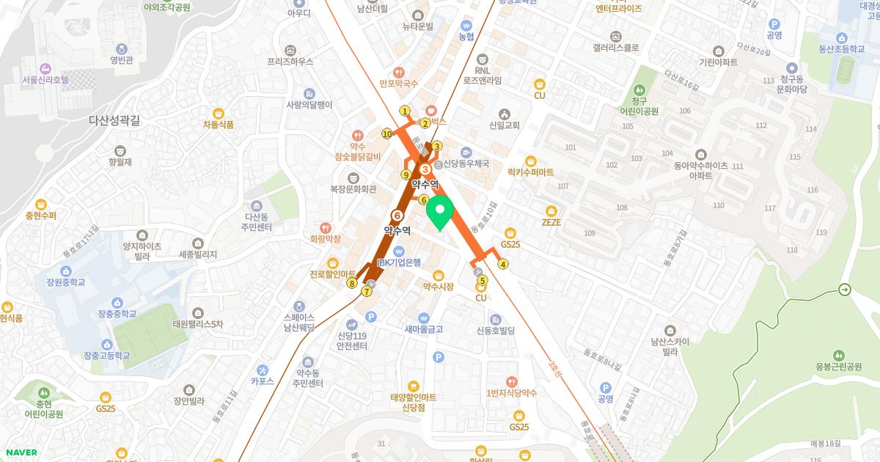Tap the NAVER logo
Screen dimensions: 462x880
coord(19,452)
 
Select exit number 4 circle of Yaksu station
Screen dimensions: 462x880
coord(503,265)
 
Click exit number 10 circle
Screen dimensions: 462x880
coord(386,133)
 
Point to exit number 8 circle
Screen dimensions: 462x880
coord(353,284)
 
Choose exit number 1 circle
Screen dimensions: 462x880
coord(404,111)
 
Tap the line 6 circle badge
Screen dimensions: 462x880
coord(397,216)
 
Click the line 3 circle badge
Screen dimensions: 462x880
coord(425,169)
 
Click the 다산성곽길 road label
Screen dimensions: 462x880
coord(114,120)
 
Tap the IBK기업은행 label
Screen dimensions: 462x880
coord(399,263)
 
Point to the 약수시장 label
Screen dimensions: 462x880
coord(439,287)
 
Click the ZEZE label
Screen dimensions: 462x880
coord(551,222)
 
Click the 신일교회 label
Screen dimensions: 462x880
coord(504,125)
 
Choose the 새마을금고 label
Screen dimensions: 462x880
coord(424,329)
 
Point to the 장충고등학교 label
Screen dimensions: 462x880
coord(106,356)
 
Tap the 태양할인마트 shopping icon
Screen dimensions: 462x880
coord(413,385)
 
